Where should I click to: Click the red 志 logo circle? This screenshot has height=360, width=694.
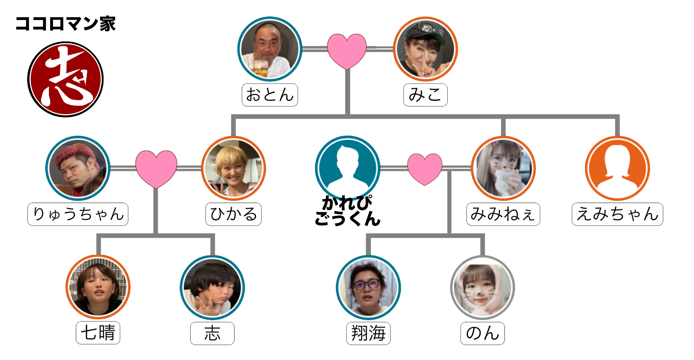(x=65, y=79)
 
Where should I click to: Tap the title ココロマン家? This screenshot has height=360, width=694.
(x=66, y=24)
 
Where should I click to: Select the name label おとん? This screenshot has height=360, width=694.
(x=270, y=95)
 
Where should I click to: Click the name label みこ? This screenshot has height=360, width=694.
(x=425, y=95)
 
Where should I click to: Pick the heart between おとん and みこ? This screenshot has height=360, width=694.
(x=347, y=50)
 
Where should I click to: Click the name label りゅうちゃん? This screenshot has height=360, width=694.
(x=78, y=214)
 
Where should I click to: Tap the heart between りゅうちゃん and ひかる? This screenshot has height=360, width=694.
(x=156, y=168)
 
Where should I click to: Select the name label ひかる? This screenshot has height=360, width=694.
(x=234, y=214)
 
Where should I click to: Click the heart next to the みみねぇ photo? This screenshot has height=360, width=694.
(x=424, y=168)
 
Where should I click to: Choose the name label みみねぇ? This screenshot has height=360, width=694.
(x=503, y=214)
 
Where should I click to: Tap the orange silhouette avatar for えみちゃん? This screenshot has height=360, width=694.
(x=617, y=168)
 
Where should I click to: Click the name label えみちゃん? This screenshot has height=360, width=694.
(x=617, y=214)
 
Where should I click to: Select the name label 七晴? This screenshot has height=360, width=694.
(x=98, y=333)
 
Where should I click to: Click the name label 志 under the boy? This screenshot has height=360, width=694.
(x=212, y=333)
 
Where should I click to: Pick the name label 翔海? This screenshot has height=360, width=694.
(x=368, y=333)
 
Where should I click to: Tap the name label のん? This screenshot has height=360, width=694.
(x=482, y=333)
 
